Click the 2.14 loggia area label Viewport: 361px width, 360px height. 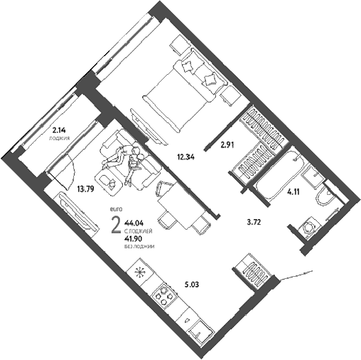click(x=59, y=130)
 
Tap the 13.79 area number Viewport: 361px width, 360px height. click(x=85, y=189)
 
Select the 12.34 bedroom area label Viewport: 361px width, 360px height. click(x=186, y=157)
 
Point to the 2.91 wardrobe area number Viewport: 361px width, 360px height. click(x=227, y=145)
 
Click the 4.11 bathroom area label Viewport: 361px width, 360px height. click(x=293, y=192)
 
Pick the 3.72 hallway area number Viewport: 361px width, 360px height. click(x=254, y=222)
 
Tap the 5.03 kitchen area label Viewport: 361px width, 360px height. click(x=192, y=284)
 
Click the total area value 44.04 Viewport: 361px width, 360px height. click(x=134, y=223)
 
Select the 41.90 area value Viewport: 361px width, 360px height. click(x=134, y=239)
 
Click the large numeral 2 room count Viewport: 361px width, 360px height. click(x=116, y=226)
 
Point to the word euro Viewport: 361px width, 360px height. click(x=116, y=209)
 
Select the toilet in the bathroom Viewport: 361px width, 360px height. click(x=326, y=196)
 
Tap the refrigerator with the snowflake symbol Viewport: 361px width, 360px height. click(x=141, y=272)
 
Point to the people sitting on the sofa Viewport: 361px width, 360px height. click(x=125, y=162)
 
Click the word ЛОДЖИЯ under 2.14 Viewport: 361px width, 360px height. click(x=60, y=138)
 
